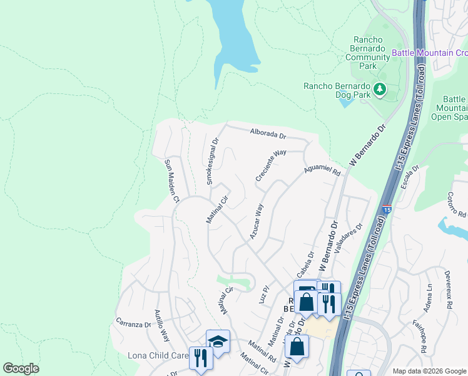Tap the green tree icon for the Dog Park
(x=380, y=90)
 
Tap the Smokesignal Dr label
(x=212, y=162)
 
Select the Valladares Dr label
(x=348, y=239)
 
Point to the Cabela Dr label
(x=305, y=264)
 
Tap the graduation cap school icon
(x=218, y=342)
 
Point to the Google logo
(x=21, y=368)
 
